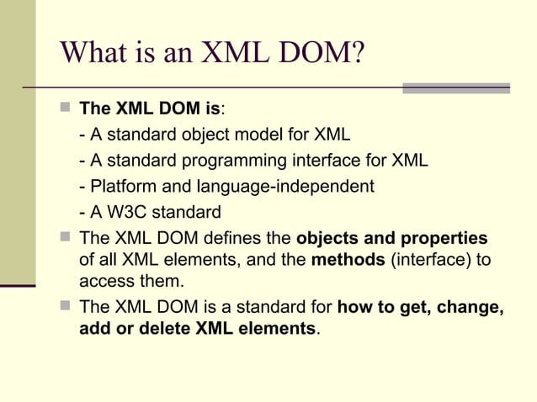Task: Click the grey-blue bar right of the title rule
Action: [455, 87]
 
